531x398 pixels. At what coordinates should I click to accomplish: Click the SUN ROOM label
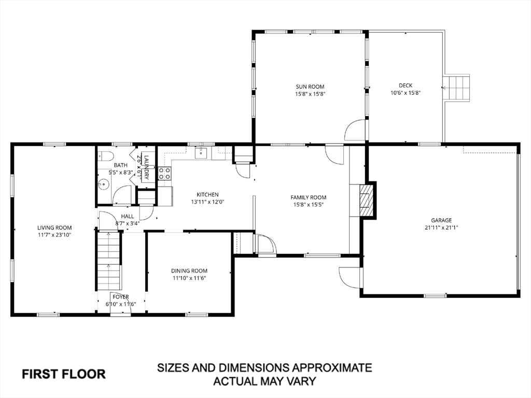(310, 87)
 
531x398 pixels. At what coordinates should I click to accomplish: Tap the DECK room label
(406, 86)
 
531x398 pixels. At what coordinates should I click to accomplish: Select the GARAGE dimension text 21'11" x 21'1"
(441, 228)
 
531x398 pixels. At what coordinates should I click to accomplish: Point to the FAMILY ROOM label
(309, 197)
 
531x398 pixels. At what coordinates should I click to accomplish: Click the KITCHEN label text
(207, 195)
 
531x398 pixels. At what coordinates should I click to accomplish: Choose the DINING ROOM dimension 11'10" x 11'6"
(189, 278)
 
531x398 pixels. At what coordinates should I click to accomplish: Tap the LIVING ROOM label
(54, 228)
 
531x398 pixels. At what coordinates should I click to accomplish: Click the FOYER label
(121, 297)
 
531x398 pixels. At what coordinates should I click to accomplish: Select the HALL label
(128, 216)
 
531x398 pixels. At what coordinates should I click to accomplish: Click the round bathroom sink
(104, 185)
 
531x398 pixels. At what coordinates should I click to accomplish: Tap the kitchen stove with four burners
(164, 173)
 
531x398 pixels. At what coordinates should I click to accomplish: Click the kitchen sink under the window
(202, 153)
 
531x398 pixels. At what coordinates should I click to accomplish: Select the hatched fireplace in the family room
(365, 200)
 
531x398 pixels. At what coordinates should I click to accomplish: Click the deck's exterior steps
(457, 87)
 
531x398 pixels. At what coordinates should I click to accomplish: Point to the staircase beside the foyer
(109, 261)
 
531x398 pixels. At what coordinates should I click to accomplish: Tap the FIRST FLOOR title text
(64, 374)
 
